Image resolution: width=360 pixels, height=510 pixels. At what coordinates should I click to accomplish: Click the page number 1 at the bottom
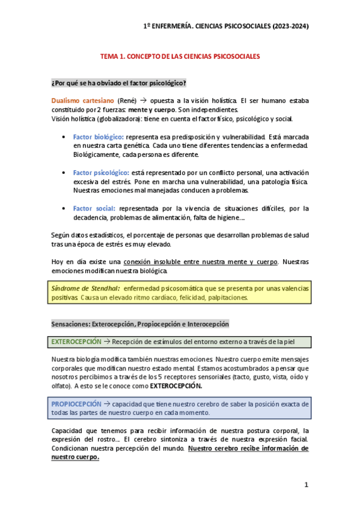coord(306,485)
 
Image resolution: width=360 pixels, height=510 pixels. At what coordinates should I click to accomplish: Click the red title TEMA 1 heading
coord(180,56)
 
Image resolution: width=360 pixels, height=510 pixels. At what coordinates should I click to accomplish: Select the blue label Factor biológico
coord(99,137)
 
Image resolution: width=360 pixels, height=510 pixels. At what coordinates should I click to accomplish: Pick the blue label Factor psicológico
coord(101,173)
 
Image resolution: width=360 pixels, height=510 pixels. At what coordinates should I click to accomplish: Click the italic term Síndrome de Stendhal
coord(85,289)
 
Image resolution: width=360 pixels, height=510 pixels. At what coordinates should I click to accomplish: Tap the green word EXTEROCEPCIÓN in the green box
coord(76,342)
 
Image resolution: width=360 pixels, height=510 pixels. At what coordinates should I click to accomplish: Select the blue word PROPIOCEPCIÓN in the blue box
coord(76,404)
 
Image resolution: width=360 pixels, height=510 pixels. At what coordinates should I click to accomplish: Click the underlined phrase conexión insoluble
coord(157,262)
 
